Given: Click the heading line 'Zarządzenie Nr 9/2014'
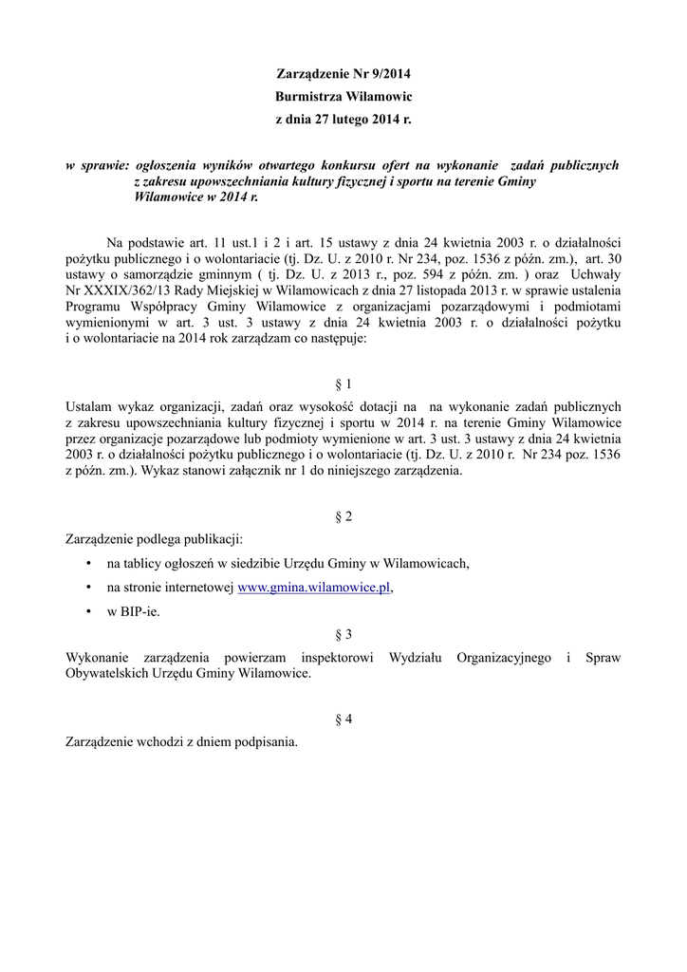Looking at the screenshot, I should (343, 73).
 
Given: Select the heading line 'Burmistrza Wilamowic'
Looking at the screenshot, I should (343, 97).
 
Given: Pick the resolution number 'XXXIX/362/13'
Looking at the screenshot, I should (123, 293).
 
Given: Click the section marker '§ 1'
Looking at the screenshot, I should (343, 384).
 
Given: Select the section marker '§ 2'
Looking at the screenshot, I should (343, 517).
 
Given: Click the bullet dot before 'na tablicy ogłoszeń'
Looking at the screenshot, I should (87, 564).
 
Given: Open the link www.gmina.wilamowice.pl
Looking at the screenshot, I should (313, 588).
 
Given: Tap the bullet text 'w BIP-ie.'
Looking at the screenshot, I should (134, 611).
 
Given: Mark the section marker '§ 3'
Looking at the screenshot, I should (343, 634).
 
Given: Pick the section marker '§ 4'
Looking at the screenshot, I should (343, 720).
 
